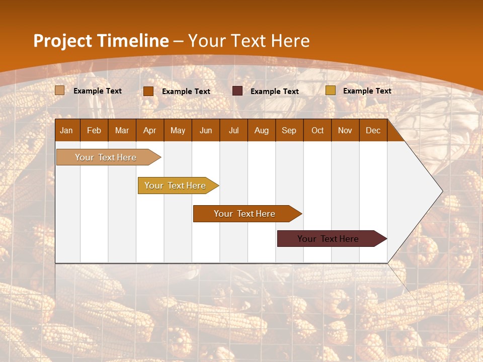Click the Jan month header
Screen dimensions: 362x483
pyautogui.click(x=66, y=130)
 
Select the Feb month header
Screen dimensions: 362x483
pyautogui.click(x=94, y=130)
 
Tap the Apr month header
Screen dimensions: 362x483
pyautogui.click(x=149, y=130)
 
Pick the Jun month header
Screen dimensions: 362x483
pyautogui.click(x=206, y=130)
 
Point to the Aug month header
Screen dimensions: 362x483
pyautogui.click(x=262, y=130)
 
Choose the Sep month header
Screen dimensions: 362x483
pyautogui.click(x=289, y=130)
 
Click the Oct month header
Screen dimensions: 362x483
pyautogui.click(x=317, y=130)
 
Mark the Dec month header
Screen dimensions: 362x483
pyautogui.click(x=373, y=130)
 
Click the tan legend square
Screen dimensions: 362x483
pyautogui.click(x=60, y=90)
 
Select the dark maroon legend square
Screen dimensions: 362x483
pyautogui.click(x=237, y=91)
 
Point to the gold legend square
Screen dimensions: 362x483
pyautogui.click(x=331, y=90)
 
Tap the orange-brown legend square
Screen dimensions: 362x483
pyautogui.click(x=148, y=91)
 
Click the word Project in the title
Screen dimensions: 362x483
pyautogui.click(x=62, y=41)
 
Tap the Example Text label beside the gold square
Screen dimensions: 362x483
pyautogui.click(x=367, y=90)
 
